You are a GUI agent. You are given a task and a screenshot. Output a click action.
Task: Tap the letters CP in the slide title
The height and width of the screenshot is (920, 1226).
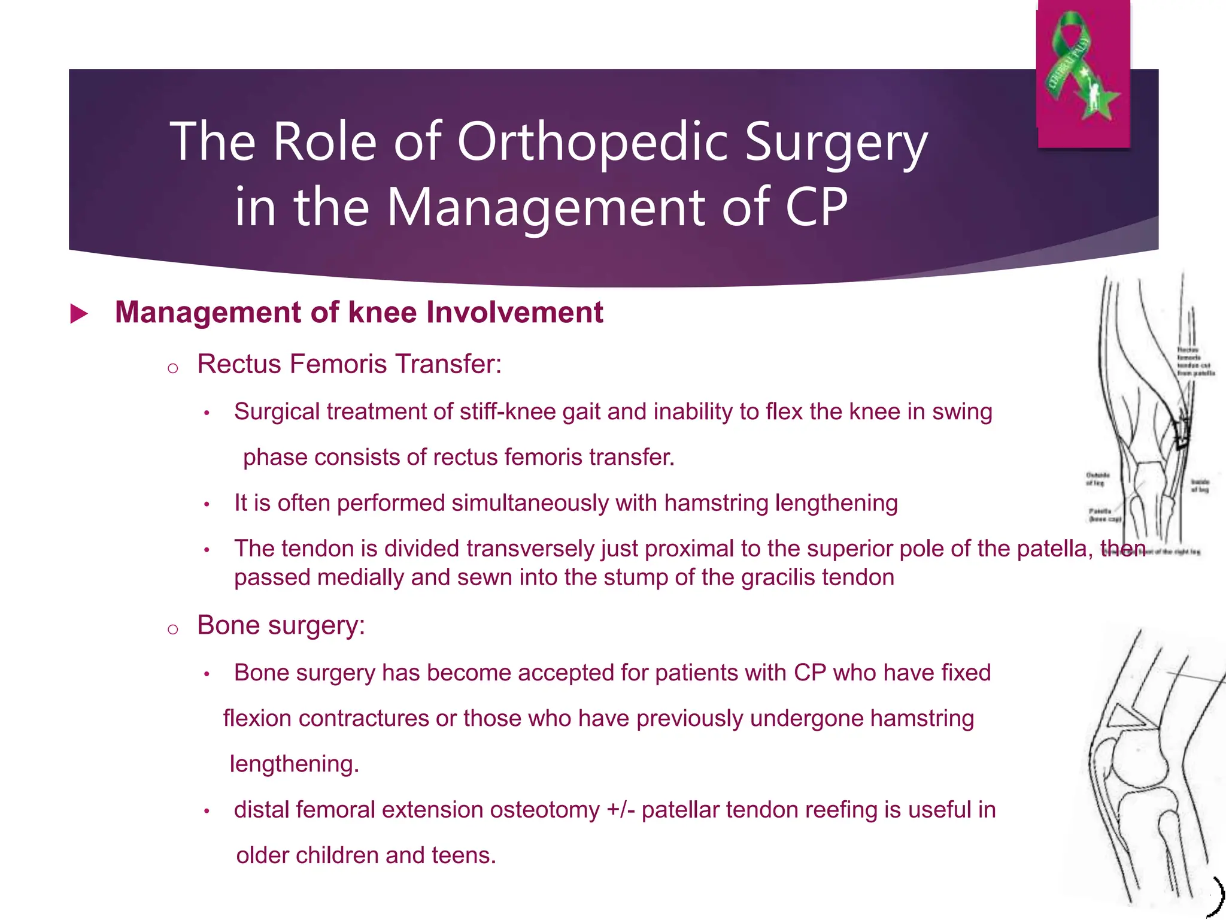(x=816, y=207)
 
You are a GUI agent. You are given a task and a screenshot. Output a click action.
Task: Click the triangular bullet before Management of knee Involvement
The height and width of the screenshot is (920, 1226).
(x=79, y=314)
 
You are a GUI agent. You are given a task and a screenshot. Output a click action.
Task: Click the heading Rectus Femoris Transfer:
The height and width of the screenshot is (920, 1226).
(x=349, y=364)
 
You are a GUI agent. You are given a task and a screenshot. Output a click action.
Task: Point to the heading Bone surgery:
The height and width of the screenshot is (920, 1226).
(x=281, y=625)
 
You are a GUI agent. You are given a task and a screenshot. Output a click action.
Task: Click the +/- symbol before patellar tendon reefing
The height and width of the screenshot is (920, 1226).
(x=621, y=810)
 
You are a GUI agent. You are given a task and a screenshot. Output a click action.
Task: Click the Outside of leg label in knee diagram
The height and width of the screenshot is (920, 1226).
(x=1097, y=479)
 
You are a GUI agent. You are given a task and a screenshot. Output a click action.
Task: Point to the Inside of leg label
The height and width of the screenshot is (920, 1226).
(x=1200, y=486)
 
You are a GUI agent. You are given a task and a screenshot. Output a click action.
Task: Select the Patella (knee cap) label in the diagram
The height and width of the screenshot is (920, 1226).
(x=1104, y=515)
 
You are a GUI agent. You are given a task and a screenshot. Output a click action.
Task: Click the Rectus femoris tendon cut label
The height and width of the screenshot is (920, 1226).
(x=1195, y=361)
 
